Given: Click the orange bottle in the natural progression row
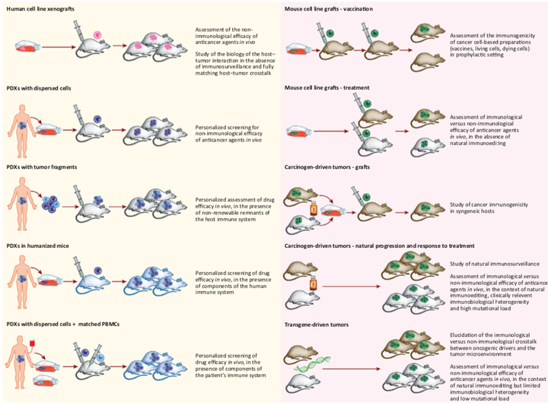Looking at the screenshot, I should [x=311, y=284].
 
